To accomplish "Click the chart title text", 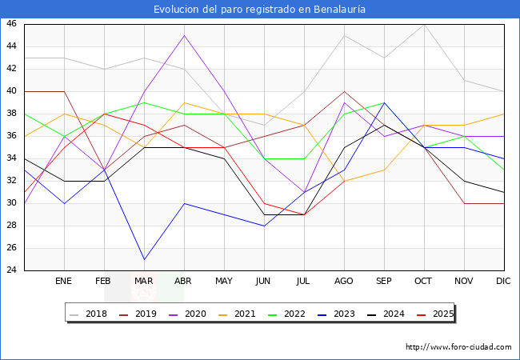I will [260, 9].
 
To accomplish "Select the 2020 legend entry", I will [195, 314].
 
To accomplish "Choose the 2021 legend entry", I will [243, 314].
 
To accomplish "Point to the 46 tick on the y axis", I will [11, 24].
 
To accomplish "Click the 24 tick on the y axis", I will [11, 270].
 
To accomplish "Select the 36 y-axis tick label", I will [11, 136].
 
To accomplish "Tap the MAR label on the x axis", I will [144, 282].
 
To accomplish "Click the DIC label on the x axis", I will [503, 282].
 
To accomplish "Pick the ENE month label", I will [64, 282].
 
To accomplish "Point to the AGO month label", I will [344, 282].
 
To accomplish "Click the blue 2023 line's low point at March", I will [144, 259].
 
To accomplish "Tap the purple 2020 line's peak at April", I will [184, 35].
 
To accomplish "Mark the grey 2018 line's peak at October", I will [424, 24].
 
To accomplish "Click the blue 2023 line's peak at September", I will [384, 102].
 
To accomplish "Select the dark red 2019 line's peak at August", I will [344, 91].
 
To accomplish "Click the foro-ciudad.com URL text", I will [458, 347].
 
